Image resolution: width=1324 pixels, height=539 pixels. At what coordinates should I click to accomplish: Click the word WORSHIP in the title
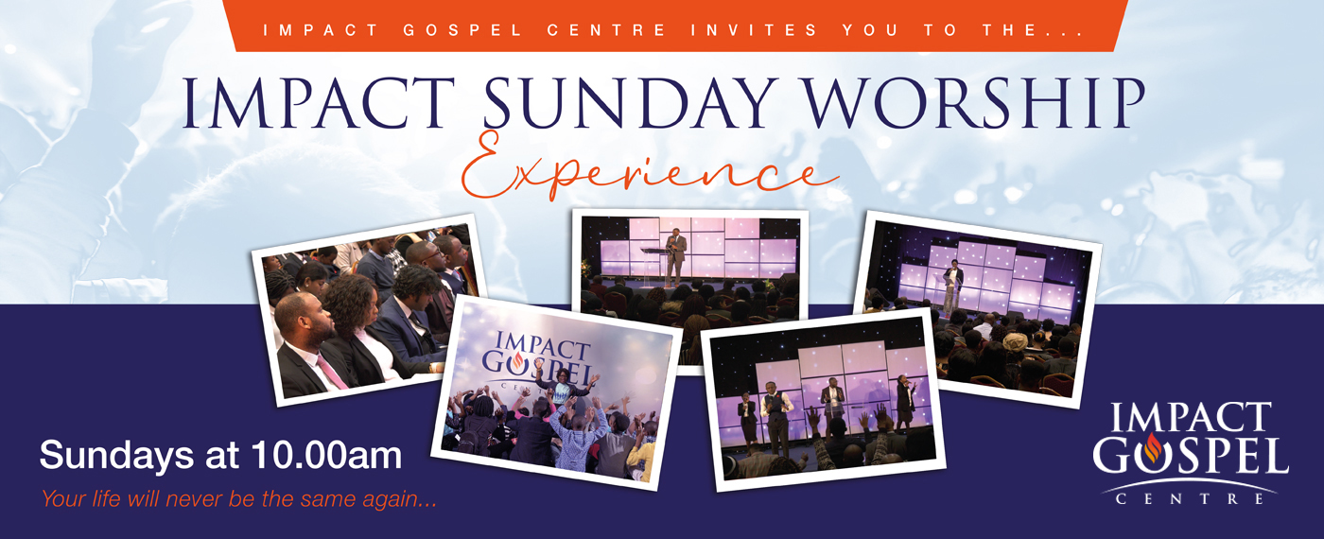(x=975, y=103)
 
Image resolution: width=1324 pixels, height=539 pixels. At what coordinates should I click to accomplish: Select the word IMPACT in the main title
(x=319, y=103)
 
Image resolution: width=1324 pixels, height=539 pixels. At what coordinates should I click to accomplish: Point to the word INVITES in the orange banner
(x=755, y=30)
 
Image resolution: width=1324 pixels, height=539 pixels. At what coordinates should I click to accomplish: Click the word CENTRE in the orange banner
(x=606, y=30)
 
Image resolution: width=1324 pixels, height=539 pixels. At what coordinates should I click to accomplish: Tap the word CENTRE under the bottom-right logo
(x=1190, y=499)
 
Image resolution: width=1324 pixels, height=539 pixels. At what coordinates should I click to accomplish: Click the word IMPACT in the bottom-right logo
(x=1191, y=417)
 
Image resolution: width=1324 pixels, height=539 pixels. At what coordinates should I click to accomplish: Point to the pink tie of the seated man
(x=332, y=371)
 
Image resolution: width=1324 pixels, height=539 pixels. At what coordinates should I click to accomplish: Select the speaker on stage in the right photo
(x=952, y=287)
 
